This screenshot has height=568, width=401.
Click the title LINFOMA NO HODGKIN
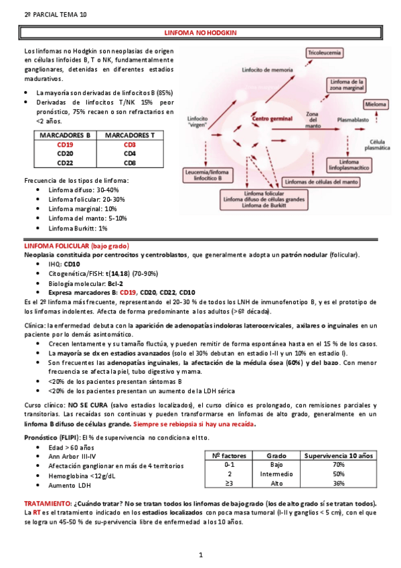pos(201,32)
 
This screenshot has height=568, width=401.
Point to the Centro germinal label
pos(268,119)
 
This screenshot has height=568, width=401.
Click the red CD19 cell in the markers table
pos(64,144)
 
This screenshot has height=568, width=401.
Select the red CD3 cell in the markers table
pos(130,144)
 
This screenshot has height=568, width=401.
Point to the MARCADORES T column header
pos(130,135)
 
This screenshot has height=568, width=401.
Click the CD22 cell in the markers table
pos(64,162)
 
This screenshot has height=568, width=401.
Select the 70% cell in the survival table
pos(338,464)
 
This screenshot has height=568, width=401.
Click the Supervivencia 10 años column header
pos(338,455)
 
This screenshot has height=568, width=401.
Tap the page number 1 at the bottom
pos(201,555)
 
